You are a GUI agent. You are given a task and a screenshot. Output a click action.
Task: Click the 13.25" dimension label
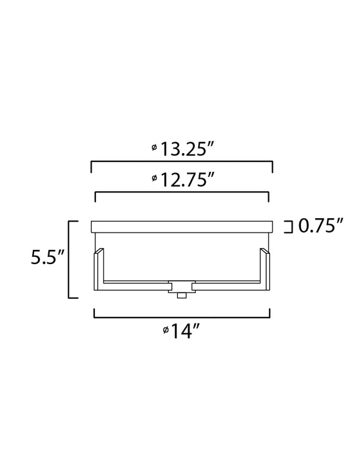click(187, 149)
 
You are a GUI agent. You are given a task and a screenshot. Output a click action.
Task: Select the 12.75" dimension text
click(187, 180)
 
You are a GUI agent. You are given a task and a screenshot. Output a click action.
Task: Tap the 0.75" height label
click(319, 225)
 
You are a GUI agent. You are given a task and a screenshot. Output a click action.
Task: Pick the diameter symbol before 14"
click(166, 330)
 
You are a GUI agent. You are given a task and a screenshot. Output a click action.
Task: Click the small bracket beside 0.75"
click(289, 225)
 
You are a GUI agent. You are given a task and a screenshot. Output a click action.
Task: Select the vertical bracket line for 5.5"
click(70, 259)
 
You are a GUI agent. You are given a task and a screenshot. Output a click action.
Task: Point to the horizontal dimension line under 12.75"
click(182, 192)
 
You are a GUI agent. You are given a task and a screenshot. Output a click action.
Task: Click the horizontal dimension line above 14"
click(182, 318)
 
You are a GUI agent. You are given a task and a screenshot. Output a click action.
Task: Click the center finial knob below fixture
click(182, 295)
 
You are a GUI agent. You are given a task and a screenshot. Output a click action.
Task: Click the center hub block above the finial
click(182, 286)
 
